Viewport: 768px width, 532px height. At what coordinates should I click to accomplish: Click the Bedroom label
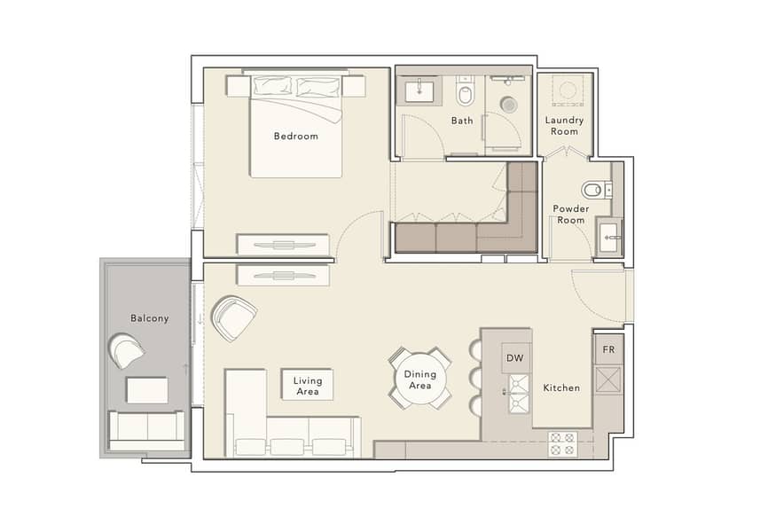pyautogui.click(x=296, y=137)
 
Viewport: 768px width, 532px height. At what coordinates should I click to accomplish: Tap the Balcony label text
pyautogui.click(x=149, y=318)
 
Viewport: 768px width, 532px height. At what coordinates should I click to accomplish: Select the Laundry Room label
pyautogui.click(x=564, y=126)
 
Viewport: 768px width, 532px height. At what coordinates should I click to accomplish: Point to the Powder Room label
pyautogui.click(x=570, y=215)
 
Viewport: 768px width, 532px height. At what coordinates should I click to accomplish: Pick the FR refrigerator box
pyautogui.click(x=609, y=349)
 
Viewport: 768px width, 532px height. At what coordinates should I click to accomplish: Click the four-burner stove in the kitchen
pyautogui.click(x=561, y=444)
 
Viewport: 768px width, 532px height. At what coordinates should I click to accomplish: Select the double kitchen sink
pyautogui.click(x=518, y=394)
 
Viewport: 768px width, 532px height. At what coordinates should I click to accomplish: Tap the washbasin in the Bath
pyautogui.click(x=419, y=91)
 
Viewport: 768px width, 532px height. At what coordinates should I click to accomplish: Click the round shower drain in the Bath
pyautogui.click(x=509, y=104)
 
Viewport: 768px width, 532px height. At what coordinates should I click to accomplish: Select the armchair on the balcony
pyautogui.click(x=128, y=350)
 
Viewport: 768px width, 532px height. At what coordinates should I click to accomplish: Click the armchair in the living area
pyautogui.click(x=234, y=318)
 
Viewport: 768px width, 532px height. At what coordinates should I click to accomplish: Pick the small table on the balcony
pyautogui.click(x=147, y=390)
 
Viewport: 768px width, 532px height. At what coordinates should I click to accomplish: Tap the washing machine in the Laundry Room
pyautogui.click(x=568, y=90)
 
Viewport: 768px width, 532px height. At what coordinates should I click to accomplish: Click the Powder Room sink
pyautogui.click(x=609, y=237)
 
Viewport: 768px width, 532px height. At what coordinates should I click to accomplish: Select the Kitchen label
pyautogui.click(x=561, y=388)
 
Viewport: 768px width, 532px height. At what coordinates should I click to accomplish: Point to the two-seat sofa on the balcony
pyautogui.click(x=147, y=431)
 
